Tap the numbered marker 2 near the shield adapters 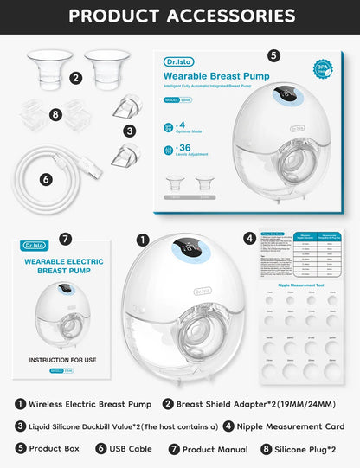point(76,79)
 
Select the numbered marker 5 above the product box point(273,55)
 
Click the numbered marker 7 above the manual point(66,239)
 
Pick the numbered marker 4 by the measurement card point(249,238)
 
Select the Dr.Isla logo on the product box point(179,61)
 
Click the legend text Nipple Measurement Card point(290,426)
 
